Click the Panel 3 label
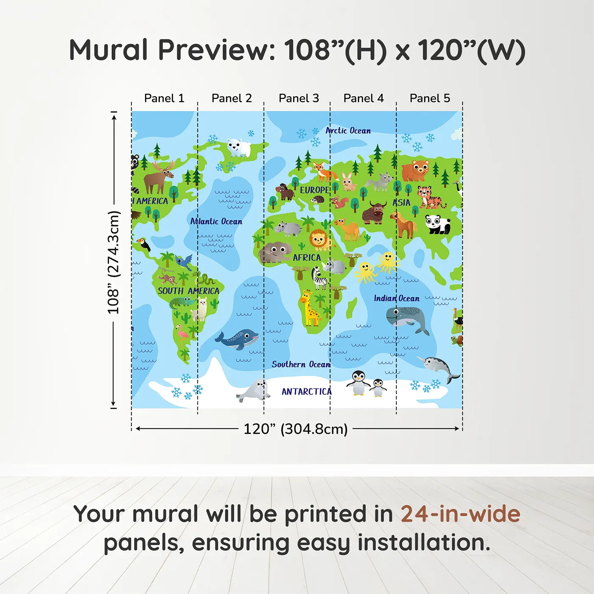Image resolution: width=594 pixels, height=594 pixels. click(298, 98)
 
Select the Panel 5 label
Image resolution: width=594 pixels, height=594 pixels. click(429, 98)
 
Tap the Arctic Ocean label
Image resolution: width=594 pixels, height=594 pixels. click(348, 131)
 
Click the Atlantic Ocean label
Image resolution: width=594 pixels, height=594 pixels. click(216, 221)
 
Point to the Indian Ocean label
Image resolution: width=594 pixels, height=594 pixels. click(396, 298)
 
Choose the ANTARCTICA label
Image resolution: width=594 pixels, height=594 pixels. click(306, 391)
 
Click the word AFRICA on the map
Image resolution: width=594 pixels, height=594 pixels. click(306, 258)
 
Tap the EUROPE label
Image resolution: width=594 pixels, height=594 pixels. click(314, 190)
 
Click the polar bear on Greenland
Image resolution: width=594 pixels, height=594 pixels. click(238, 147)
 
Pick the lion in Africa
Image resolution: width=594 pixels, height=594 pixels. click(319, 240)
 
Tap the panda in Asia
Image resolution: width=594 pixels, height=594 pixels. click(437, 224)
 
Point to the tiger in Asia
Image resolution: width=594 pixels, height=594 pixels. click(429, 197)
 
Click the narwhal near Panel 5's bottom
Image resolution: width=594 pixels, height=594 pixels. click(439, 367)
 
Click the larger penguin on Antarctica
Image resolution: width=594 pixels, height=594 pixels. click(358, 383)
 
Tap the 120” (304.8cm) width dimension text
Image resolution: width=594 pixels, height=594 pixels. click(295, 429)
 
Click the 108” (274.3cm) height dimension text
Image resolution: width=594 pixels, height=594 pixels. click(113, 262)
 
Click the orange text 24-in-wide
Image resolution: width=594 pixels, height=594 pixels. click(460, 514)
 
